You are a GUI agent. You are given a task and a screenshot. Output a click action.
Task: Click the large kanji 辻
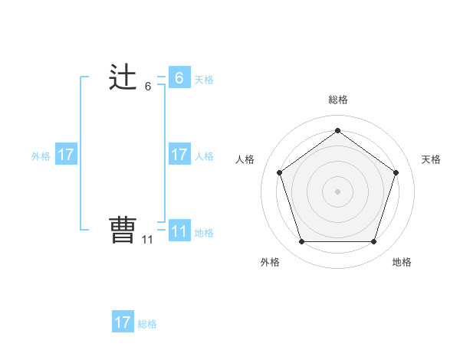click(123, 78)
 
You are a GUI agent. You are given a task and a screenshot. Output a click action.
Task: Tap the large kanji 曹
click(123, 231)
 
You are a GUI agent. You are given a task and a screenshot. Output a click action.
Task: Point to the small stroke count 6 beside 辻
click(148, 87)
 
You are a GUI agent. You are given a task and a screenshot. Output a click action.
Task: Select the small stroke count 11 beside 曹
click(147, 240)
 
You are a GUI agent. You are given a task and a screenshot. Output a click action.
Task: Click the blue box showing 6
click(179, 78)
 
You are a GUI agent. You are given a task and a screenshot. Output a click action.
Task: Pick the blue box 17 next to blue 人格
click(179, 155)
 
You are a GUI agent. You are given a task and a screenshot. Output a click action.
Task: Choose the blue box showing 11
click(179, 231)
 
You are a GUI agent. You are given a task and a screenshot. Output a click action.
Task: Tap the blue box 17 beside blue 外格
click(66, 155)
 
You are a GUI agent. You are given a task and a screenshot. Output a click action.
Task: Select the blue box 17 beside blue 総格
click(123, 322)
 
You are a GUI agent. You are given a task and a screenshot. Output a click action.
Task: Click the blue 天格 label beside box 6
click(204, 80)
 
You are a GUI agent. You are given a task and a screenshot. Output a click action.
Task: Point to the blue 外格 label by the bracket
click(41, 156)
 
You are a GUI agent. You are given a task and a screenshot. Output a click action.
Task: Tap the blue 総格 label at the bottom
click(147, 324)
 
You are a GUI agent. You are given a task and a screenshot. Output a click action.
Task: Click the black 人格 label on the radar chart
click(245, 159)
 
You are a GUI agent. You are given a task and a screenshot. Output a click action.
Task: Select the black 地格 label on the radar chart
click(402, 263)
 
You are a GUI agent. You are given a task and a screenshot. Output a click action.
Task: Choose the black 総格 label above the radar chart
click(337, 100)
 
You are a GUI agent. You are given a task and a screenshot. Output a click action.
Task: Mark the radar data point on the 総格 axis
click(337, 131)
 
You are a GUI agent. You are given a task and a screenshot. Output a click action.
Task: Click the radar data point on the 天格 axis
click(396, 172)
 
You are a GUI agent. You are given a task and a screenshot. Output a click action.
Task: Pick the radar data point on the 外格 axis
click(301, 242)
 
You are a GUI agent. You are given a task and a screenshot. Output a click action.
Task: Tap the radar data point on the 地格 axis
click(373, 242)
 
